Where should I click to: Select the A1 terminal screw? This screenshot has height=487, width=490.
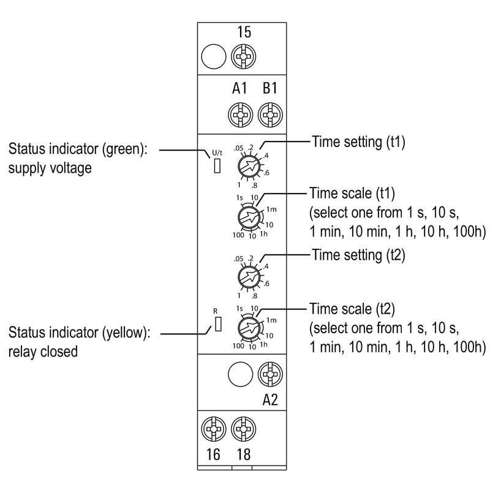[x=238, y=114]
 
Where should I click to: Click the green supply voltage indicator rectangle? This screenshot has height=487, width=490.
[x=217, y=165]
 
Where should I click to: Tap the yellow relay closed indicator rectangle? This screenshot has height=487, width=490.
[x=217, y=324]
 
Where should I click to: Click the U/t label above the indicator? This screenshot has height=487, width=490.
[x=217, y=153]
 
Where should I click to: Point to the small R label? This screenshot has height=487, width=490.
[x=216, y=311]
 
